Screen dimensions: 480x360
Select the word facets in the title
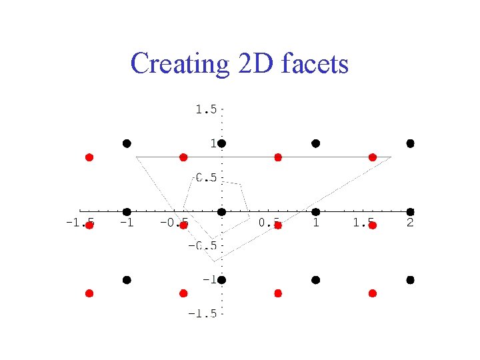click(315, 64)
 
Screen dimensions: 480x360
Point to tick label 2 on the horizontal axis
click(410, 222)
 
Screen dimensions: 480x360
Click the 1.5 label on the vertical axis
click(205, 109)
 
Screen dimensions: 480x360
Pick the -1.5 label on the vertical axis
click(202, 314)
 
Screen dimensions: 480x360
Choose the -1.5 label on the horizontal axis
click(79, 222)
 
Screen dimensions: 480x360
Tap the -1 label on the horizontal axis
click(126, 222)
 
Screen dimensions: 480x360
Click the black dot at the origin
click(221, 212)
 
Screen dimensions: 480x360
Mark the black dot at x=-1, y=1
click(127, 143)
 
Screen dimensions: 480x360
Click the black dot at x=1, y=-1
click(316, 280)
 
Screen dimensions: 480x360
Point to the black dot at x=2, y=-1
click(411, 280)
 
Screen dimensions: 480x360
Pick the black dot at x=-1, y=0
click(127, 212)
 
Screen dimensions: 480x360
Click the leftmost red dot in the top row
click(89, 157)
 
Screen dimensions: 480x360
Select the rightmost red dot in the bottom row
click(373, 293)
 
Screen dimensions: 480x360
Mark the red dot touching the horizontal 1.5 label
click(373, 225)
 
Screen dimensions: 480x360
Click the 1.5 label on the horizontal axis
click(363, 222)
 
